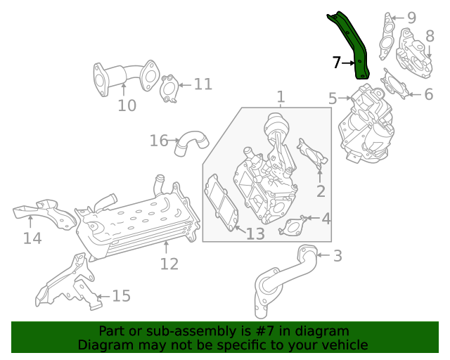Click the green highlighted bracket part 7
click(x=354, y=46)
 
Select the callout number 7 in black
click(x=337, y=63)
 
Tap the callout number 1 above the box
click(x=281, y=96)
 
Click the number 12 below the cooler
click(x=169, y=264)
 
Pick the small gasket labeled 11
click(x=169, y=89)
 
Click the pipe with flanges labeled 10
click(x=124, y=76)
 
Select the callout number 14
click(x=32, y=238)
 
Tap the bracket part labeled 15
click(x=67, y=284)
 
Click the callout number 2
click(x=321, y=191)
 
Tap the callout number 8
click(x=429, y=35)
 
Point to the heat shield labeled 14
click(x=46, y=212)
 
